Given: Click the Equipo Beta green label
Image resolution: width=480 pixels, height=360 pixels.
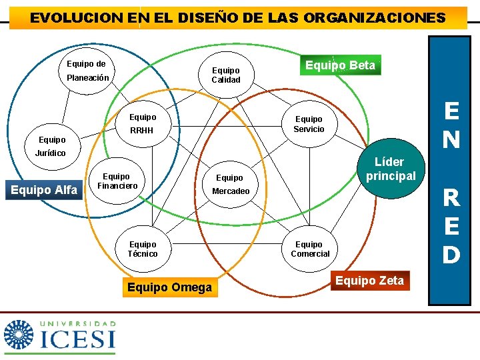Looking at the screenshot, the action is click(340, 65).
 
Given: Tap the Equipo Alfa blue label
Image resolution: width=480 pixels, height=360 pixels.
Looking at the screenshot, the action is click(44, 190).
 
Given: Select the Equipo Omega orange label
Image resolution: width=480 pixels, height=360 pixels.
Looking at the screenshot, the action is click(169, 287).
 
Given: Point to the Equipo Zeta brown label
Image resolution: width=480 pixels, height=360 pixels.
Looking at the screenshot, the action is click(369, 281).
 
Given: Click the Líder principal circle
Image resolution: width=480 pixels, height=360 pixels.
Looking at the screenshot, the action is click(390, 170).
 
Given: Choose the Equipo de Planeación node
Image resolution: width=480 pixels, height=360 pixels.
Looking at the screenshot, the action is click(86, 71).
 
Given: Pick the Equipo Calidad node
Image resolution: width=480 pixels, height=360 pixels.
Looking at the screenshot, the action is click(225, 75).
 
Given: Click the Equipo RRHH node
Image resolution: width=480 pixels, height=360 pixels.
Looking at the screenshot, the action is click(142, 124).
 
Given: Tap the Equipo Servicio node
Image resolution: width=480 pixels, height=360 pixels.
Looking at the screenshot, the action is click(309, 124).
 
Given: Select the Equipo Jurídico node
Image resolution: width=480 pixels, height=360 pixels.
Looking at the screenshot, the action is click(52, 147).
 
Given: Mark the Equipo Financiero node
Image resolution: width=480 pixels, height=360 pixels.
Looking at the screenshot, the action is click(117, 181).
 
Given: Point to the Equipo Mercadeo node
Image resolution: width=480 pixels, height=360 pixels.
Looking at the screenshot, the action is click(230, 185).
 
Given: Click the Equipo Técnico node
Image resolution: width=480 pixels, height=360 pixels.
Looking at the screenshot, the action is click(143, 249).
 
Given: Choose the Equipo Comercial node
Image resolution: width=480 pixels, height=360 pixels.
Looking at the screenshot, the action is click(309, 249).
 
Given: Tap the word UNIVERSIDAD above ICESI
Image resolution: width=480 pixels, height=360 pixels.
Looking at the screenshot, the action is click(79, 323).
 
